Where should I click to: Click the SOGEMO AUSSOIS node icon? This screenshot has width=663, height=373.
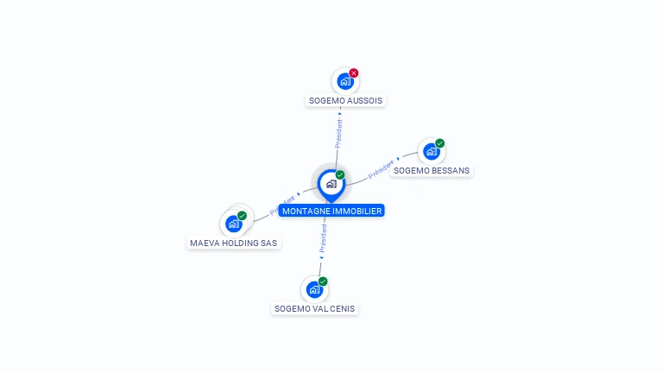345,82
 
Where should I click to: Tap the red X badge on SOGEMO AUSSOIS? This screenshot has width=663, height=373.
354,73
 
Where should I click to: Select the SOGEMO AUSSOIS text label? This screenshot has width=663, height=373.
345,100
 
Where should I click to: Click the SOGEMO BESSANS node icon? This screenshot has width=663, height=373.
431,151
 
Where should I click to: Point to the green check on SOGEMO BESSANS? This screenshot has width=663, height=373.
439,143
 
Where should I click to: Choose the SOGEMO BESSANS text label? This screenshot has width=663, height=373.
432,170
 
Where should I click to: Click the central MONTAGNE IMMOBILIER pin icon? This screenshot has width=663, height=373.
331,184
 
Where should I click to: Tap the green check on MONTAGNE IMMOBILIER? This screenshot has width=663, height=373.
340,175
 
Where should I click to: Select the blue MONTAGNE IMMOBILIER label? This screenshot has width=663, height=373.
331,211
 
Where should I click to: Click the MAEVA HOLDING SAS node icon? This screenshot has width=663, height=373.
233,224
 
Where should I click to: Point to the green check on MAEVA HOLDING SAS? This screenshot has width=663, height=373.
242,216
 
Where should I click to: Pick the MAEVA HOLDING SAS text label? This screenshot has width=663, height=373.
234,243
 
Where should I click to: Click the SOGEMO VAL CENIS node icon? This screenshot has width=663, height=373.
314,289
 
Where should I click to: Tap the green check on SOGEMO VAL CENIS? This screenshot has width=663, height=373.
323,281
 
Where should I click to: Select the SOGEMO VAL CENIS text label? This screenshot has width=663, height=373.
314,308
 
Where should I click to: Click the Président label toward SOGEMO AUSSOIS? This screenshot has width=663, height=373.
338,134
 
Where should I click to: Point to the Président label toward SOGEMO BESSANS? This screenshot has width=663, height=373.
382,169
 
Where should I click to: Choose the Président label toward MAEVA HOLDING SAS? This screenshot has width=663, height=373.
282,204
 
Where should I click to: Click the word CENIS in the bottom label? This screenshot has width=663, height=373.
340,308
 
